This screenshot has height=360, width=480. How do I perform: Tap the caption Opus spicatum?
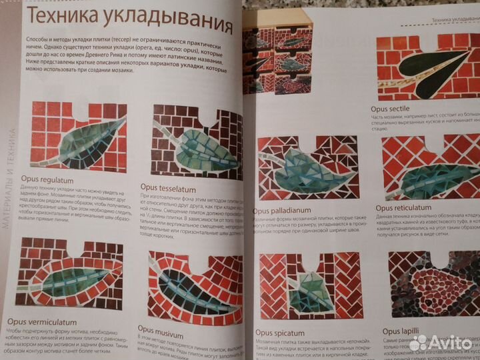click(x=283, y=332)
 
